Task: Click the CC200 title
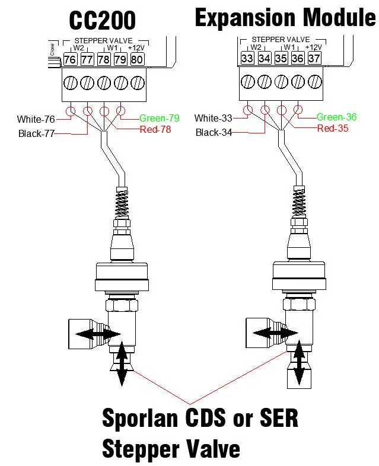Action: (103, 20)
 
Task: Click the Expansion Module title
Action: (285, 18)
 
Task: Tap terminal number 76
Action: (70, 59)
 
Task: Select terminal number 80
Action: (136, 59)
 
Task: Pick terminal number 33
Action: (247, 58)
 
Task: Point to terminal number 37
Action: (314, 58)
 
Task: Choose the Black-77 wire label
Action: (36, 133)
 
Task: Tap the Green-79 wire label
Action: (160, 117)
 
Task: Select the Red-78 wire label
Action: (155, 129)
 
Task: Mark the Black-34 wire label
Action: (214, 132)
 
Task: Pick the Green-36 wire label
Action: (336, 117)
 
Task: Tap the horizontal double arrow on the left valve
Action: (97, 335)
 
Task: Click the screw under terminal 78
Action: (103, 81)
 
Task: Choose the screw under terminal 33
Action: (247, 81)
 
